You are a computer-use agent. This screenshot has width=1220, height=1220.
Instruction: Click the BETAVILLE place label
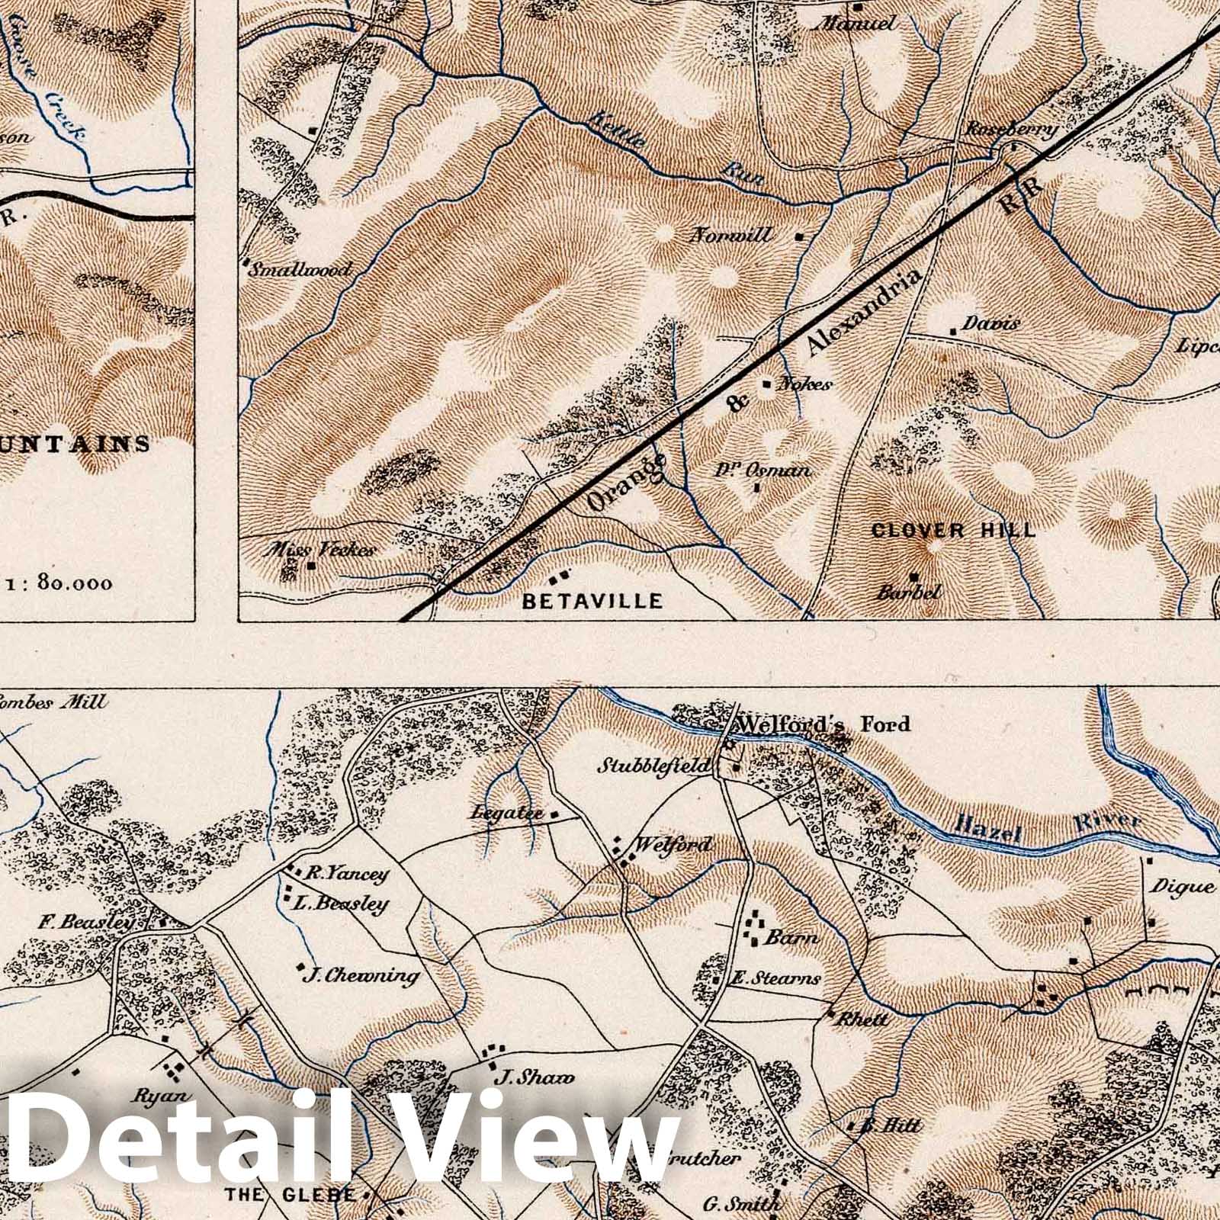pyautogui.click(x=592, y=601)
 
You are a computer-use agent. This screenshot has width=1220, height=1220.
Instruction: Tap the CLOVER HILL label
pyautogui.click(x=954, y=530)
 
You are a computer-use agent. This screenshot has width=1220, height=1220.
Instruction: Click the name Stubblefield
pyautogui.click(x=653, y=765)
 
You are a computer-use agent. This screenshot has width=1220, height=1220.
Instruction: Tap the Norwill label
pyautogui.click(x=730, y=236)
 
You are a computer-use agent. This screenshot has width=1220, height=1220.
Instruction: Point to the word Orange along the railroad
pyautogui.click(x=628, y=483)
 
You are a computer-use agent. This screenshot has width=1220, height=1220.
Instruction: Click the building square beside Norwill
pyautogui.click(x=799, y=236)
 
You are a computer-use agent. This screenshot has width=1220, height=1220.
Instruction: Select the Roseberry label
pyautogui.click(x=1010, y=130)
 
